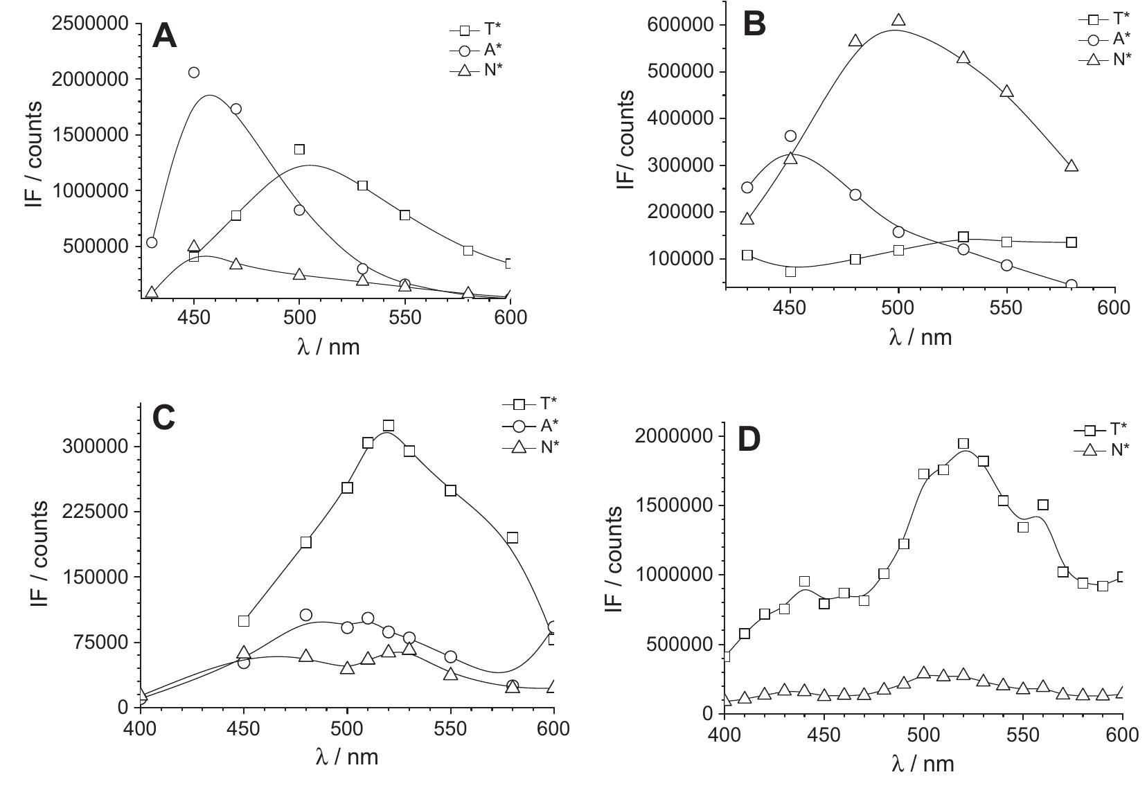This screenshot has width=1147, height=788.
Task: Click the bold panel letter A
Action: point(165,36)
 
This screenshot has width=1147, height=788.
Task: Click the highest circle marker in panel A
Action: point(194,73)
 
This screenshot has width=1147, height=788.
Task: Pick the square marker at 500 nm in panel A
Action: point(299,150)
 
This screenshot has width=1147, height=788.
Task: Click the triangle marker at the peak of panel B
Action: point(898,21)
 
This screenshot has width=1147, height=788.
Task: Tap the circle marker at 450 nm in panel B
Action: point(790,136)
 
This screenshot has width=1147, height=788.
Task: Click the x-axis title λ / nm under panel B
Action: point(920,337)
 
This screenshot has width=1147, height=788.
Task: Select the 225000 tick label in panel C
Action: point(96,512)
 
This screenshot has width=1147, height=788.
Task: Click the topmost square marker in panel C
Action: point(389,425)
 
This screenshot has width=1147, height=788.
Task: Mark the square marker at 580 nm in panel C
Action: point(513,537)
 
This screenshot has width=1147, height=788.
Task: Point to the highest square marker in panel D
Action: point(963,444)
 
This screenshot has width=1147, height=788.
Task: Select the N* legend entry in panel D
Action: point(1107,449)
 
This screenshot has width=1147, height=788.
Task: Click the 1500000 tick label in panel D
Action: point(674,505)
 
